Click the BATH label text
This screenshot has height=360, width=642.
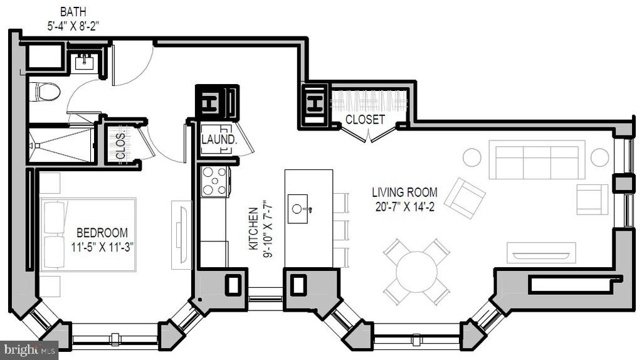point(73,12)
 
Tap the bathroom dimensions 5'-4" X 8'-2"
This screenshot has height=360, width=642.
point(73,26)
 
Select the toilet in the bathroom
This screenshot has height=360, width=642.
point(45,92)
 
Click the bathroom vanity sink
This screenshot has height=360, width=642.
point(85,62)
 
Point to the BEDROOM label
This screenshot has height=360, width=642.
point(102,233)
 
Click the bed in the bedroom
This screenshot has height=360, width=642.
point(88,235)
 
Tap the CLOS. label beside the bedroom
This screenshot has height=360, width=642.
point(120,146)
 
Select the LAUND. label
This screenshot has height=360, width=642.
point(219,139)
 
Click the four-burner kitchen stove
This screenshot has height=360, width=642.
point(215,181)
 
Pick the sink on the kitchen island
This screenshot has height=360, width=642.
point(298,209)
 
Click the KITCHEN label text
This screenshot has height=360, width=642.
point(253,228)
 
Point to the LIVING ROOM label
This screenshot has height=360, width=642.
point(404,192)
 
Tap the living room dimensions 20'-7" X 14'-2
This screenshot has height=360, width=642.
point(404,207)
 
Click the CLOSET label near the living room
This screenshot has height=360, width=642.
point(366,119)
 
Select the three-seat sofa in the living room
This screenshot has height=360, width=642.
point(537,160)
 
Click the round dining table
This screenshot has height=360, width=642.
point(417,272)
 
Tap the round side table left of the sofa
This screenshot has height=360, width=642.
point(471,157)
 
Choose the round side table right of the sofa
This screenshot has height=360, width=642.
point(599,157)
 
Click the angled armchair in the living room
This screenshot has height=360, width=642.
point(465,198)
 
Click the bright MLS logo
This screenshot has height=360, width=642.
point(29,351)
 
